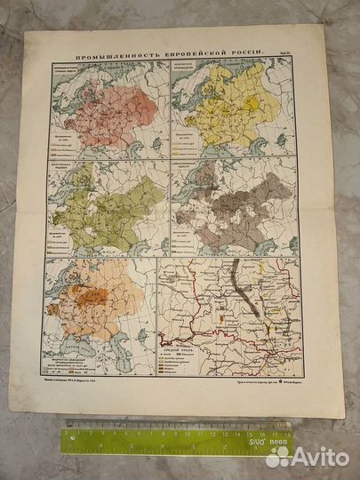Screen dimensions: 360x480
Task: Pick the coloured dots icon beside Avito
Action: point(278,457)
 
